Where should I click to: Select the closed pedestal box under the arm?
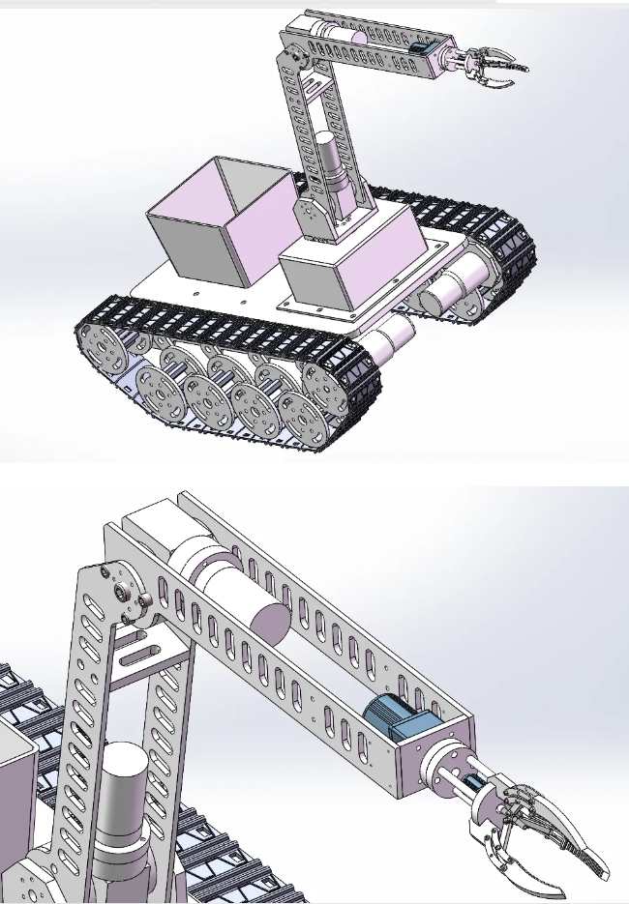pos(344,271)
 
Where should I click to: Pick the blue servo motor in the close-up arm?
pos(402,720)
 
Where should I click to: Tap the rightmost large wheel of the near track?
pos(324,387)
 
